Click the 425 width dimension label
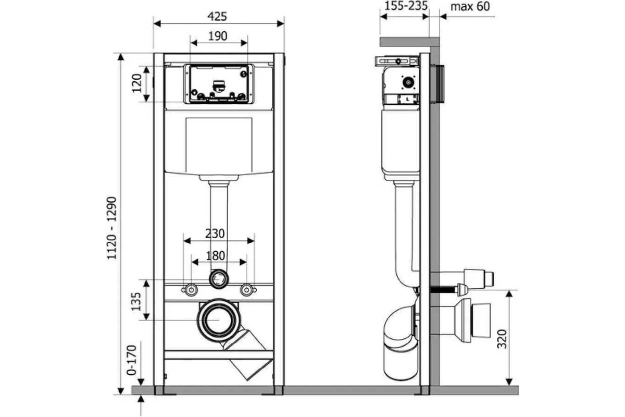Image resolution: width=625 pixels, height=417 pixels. tap(217, 17)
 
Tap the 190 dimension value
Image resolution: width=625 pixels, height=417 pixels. tap(218, 36)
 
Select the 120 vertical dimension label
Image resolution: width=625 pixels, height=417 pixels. tap(137, 83)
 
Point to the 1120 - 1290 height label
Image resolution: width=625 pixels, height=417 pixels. tap(112, 228)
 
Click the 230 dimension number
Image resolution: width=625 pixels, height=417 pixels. tap(215, 234)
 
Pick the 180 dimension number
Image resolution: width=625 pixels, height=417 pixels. tap(216, 255)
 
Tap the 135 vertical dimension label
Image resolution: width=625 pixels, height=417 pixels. tap(136, 302)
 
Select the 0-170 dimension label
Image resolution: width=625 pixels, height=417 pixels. tap(132, 360)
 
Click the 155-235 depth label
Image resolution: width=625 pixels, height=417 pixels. tap(406, 6)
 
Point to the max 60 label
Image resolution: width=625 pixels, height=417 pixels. tap(470, 6)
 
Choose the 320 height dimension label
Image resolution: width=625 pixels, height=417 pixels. tap(502, 339)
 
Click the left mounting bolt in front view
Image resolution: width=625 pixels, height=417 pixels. tap(191, 290)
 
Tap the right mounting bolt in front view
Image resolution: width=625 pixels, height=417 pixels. tap(247, 290)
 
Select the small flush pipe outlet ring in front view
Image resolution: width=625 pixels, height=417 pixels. tap(219, 279)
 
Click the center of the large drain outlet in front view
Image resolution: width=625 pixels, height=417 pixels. tap(219, 321)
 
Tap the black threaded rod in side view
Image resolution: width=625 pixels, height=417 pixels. tap(444, 290)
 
